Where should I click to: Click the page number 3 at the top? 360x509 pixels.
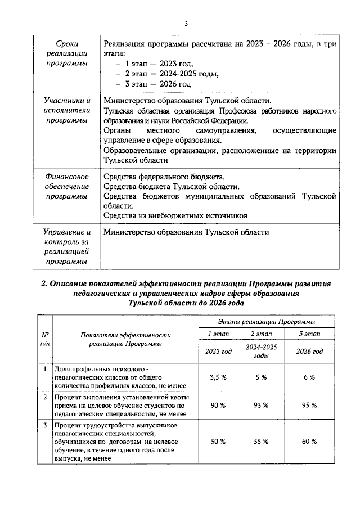pyautogui.click(x=185, y=23)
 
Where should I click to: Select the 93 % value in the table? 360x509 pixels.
pyautogui.click(x=260, y=405)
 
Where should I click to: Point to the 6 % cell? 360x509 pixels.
pyautogui.click(x=309, y=377)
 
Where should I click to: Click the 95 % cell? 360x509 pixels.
pyautogui.click(x=309, y=405)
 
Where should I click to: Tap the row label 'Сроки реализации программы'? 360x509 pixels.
pyautogui.click(x=67, y=53)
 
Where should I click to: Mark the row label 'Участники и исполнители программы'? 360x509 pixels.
pyautogui.click(x=67, y=110)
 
